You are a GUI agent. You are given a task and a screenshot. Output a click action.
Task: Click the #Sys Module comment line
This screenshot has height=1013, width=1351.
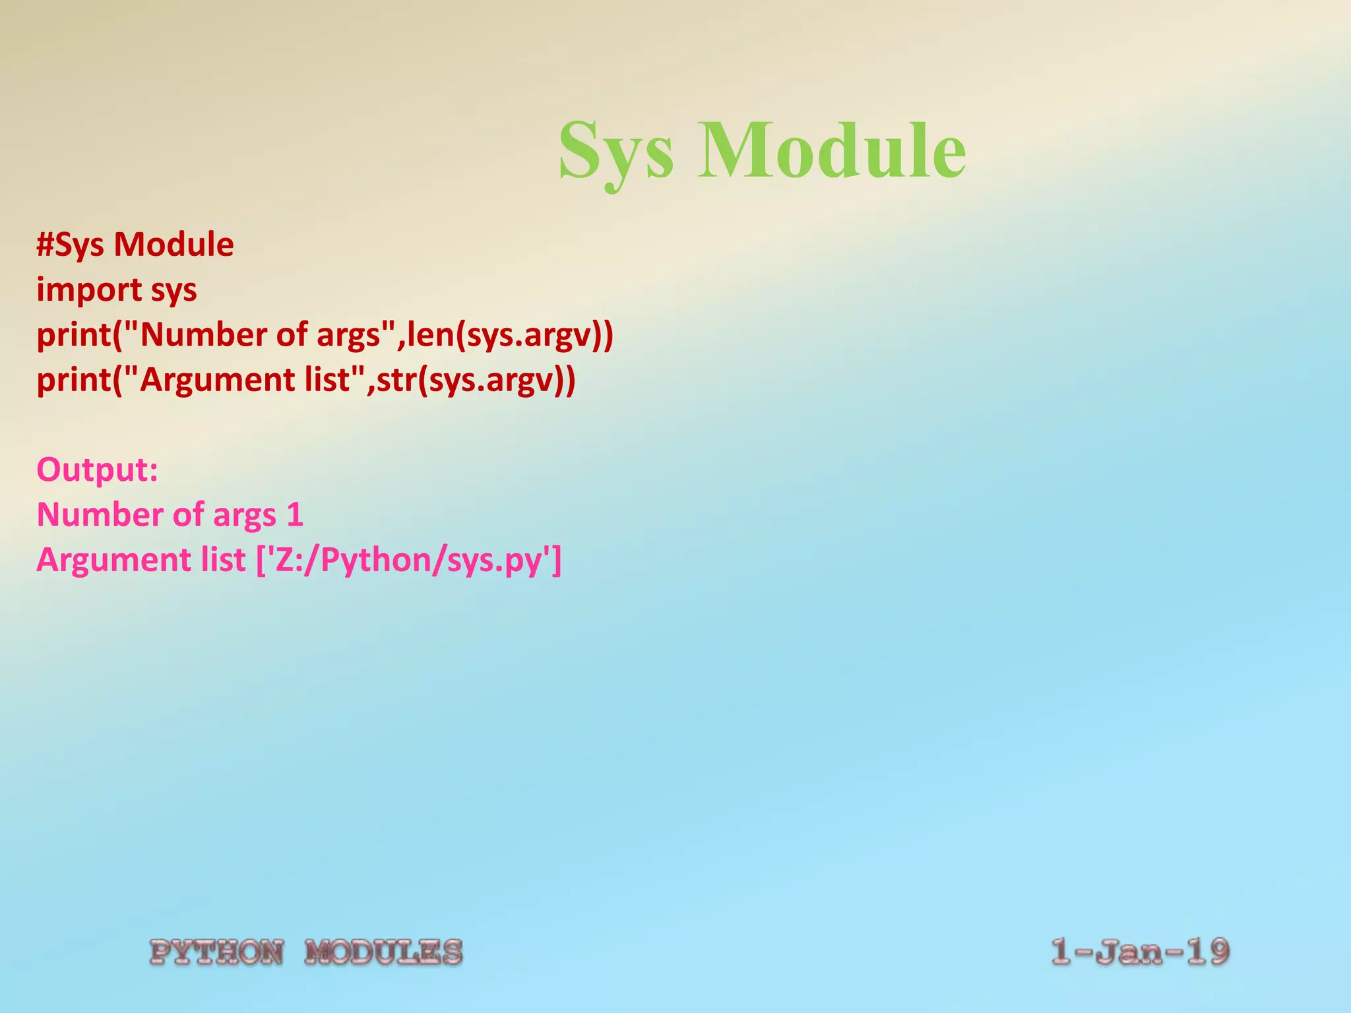[135, 245]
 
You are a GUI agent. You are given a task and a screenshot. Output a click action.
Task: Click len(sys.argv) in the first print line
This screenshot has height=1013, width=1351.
[509, 335]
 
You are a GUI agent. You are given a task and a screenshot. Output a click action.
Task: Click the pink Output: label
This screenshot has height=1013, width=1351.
[98, 470]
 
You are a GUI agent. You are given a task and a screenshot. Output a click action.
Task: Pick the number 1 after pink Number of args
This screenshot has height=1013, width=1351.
[295, 515]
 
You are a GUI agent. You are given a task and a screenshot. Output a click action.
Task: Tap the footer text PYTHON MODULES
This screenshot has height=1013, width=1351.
[306, 952]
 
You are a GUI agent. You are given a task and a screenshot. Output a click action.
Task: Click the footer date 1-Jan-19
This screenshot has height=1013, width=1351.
[1140, 952]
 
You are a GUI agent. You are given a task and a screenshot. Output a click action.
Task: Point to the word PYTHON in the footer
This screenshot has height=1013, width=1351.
[217, 952]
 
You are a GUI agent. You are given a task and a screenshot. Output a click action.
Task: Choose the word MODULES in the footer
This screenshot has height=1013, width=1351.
[383, 952]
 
